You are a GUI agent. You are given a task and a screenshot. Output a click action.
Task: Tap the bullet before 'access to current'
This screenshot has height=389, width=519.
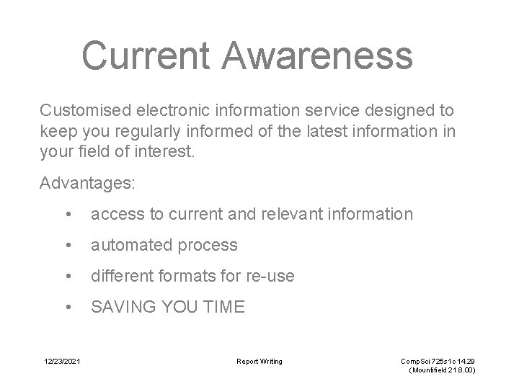pos(67,215)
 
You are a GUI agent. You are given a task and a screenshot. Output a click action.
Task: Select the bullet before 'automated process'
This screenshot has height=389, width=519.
pos(67,246)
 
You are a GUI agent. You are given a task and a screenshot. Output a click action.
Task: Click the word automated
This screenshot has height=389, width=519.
pos(130,245)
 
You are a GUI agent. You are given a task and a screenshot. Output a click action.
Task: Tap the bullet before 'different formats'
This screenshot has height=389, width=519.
pos(67,277)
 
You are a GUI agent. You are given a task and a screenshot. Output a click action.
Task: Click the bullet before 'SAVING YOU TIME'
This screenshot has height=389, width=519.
pos(67,308)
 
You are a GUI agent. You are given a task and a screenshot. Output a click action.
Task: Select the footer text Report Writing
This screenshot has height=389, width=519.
pos(260,360)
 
